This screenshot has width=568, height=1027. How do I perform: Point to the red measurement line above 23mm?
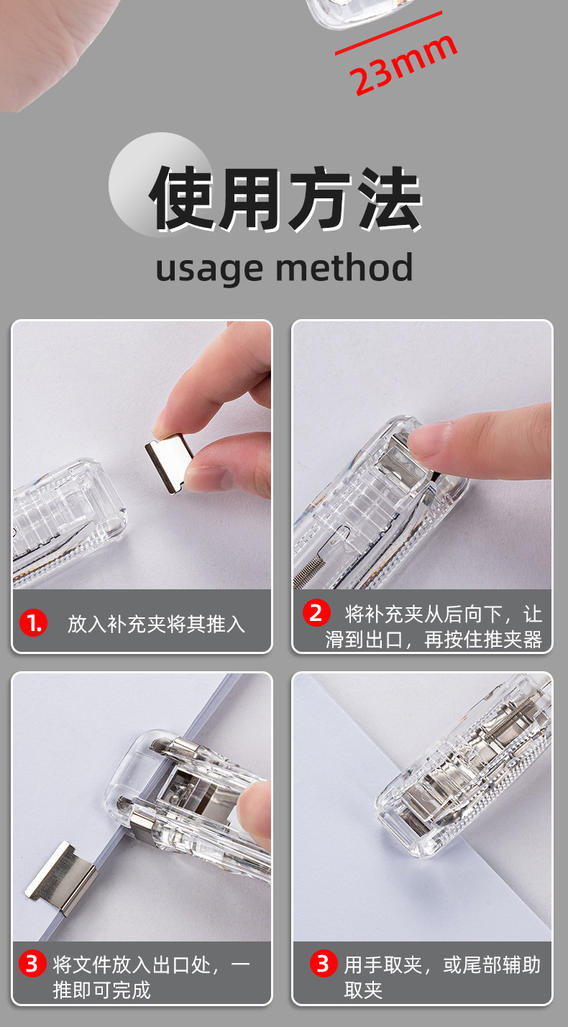tap(388, 32)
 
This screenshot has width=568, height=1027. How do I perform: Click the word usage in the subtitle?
tap(209, 268)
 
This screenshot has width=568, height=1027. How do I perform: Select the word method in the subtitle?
tap(344, 267)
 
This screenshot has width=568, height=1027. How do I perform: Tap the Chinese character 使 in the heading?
tap(182, 198)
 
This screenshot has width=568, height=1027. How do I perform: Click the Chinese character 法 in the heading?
tap(389, 198)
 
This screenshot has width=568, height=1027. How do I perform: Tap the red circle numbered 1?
tap(34, 622)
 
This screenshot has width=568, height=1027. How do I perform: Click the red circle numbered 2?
tap(316, 612)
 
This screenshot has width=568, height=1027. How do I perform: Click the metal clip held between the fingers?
tap(170, 463)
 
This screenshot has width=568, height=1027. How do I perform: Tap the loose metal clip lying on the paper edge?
tap(61, 878)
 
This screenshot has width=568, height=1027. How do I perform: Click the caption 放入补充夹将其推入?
tap(157, 624)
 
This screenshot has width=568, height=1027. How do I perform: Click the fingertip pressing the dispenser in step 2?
tap(429, 439)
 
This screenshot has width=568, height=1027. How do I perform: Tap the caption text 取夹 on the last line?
tap(363, 990)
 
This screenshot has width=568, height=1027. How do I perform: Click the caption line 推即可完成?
tap(101, 990)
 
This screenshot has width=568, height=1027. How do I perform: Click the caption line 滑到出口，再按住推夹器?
tap(434, 639)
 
